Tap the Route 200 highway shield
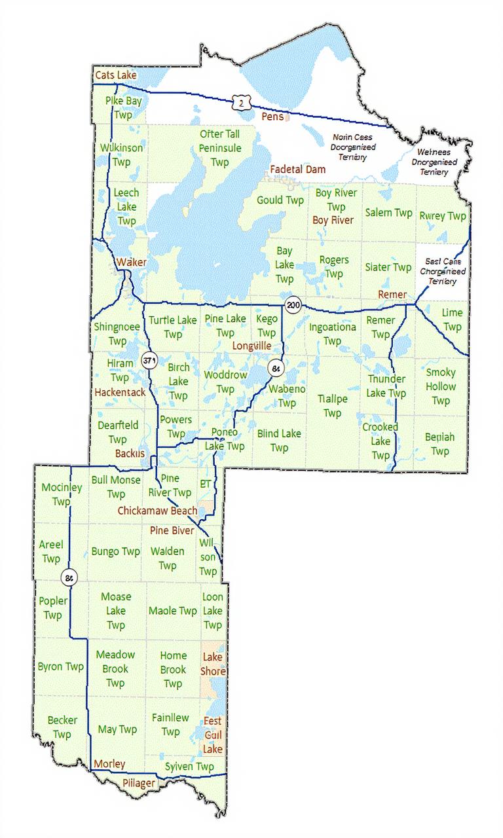(x=292, y=304)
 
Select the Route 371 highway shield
(x=150, y=360)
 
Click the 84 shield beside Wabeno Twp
(x=276, y=369)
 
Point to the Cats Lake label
(x=116, y=76)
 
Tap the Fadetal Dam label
(x=298, y=169)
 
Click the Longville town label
(x=251, y=345)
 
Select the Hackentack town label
(x=120, y=392)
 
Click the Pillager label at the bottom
(x=140, y=783)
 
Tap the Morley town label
(x=109, y=764)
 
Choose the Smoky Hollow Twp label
(x=441, y=386)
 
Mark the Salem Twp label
(x=388, y=213)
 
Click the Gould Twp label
(x=280, y=200)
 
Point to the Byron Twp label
(x=61, y=667)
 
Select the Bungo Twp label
(x=116, y=551)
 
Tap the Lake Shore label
(x=214, y=664)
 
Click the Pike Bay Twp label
(x=123, y=107)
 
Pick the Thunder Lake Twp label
(x=386, y=386)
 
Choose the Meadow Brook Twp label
(x=115, y=668)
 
